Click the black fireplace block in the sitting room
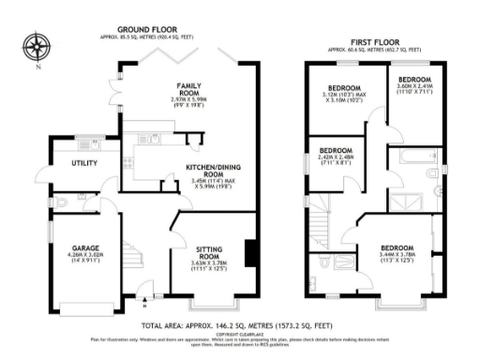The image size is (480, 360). tap(248, 253)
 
